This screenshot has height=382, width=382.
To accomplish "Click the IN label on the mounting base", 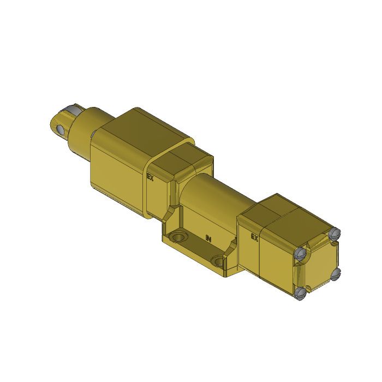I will (207, 238).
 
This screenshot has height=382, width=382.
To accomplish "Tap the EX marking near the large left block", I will (151, 177).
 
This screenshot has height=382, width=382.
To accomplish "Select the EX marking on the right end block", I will (254, 237).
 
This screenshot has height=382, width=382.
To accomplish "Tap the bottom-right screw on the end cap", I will (335, 274).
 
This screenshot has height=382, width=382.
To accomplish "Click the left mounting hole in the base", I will (176, 238).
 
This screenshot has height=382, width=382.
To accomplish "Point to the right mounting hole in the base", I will (220, 260).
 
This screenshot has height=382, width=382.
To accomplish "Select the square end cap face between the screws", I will (319, 265).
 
